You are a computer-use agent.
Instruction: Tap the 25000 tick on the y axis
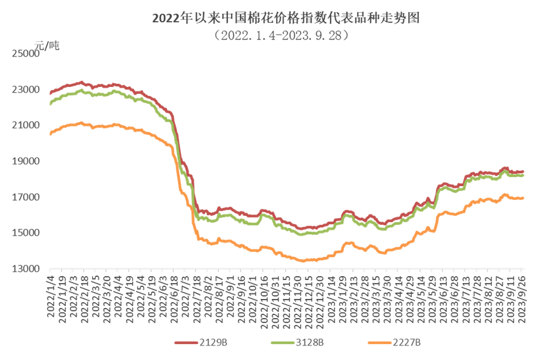[x=26, y=54]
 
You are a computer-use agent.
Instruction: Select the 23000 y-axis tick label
[x=26, y=90]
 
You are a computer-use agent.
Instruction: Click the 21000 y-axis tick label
[x=26, y=126]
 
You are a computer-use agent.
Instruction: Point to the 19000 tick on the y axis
[x=26, y=161]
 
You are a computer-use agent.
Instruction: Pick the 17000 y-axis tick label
[x=26, y=197]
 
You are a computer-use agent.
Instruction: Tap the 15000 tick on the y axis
[x=26, y=233]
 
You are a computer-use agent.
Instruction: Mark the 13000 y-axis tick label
[x=26, y=269]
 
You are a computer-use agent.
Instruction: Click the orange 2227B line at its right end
[x=522, y=198]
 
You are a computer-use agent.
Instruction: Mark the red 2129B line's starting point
[x=50, y=93]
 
